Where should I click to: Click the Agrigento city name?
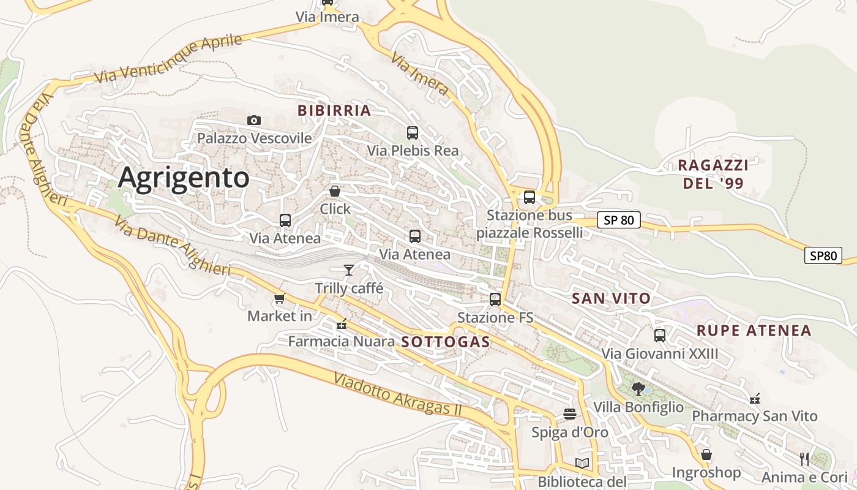point(184,178)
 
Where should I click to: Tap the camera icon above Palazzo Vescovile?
point(254,120)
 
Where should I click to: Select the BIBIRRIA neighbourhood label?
point(334,111)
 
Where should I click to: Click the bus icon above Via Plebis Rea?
point(413,132)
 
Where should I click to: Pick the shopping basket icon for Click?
point(335,191)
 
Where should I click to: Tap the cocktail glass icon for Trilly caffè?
point(349,269)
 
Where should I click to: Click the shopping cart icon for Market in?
point(280,298)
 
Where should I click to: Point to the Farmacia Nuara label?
point(341,341)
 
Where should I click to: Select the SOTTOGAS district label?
point(446,342)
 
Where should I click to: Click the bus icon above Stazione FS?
point(495,300)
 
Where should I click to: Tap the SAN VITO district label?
point(611,299)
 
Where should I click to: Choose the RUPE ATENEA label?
point(754,331)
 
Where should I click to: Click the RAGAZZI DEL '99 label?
point(713,174)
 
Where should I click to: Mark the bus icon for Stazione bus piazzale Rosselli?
point(530,197)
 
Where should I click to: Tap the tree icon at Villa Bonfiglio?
point(638,388)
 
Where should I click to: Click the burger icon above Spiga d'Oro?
point(570,414)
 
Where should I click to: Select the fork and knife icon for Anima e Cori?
point(804,459)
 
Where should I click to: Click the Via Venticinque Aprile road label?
point(169,59)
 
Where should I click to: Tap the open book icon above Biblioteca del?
point(582,463)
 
